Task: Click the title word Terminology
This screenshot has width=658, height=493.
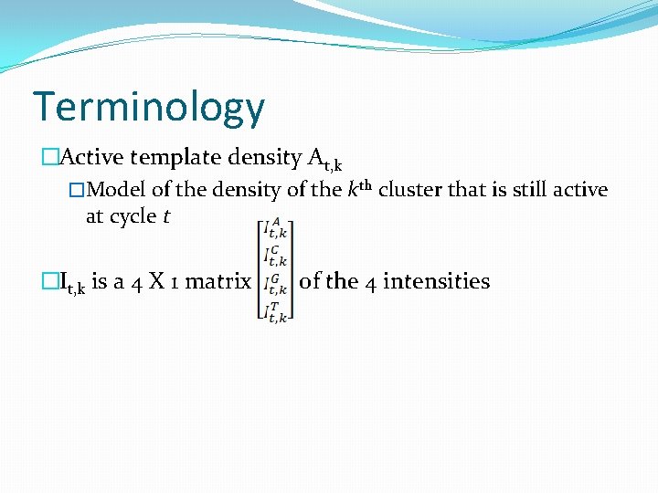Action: click(x=149, y=107)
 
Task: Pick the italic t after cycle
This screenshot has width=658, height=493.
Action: click(x=166, y=216)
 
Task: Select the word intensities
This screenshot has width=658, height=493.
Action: click(x=437, y=281)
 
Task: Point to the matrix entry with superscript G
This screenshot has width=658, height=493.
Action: click(x=274, y=284)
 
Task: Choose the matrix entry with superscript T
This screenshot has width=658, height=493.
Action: click(x=274, y=310)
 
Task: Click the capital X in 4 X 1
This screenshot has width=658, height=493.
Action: click(x=155, y=281)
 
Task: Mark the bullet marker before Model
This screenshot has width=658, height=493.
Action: click(x=77, y=190)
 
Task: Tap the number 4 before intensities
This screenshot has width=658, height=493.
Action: click(x=370, y=281)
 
